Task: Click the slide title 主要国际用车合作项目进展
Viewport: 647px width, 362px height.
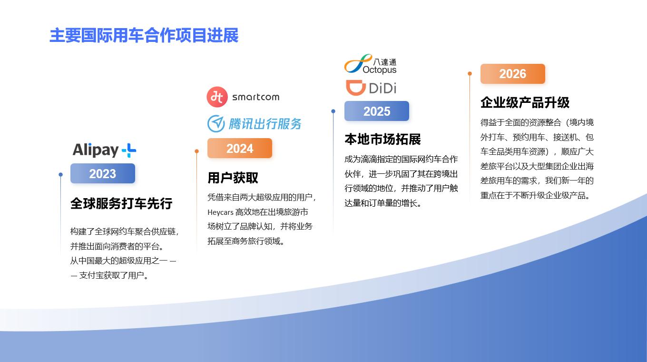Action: (x=144, y=36)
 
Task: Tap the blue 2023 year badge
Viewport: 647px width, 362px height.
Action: (x=103, y=173)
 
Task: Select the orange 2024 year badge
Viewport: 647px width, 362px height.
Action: (x=240, y=148)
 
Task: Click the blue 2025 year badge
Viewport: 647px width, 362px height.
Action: (x=377, y=111)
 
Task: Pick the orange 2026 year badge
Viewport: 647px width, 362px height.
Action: (x=513, y=74)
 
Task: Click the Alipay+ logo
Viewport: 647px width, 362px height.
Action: (x=104, y=150)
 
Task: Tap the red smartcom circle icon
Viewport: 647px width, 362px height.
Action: (x=217, y=97)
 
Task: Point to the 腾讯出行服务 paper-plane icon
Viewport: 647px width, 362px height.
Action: (x=216, y=123)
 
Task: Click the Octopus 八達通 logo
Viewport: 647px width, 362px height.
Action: (x=370, y=64)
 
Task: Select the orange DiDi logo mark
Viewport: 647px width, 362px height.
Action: (x=356, y=88)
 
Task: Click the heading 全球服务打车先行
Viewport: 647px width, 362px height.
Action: (x=121, y=203)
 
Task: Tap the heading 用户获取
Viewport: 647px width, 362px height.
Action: (x=233, y=178)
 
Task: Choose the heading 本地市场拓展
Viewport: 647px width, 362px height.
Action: (x=382, y=140)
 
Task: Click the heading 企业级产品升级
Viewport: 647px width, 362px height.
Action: (x=525, y=102)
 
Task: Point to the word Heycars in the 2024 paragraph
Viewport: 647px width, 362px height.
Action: (x=220, y=212)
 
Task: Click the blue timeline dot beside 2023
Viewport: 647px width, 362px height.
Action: (x=61, y=174)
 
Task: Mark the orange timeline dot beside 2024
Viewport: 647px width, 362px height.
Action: (x=196, y=151)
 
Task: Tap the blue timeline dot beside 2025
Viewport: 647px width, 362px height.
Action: (x=333, y=111)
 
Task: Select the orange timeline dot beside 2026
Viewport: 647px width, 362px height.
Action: (x=470, y=74)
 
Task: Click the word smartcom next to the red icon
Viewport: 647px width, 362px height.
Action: (x=256, y=97)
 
